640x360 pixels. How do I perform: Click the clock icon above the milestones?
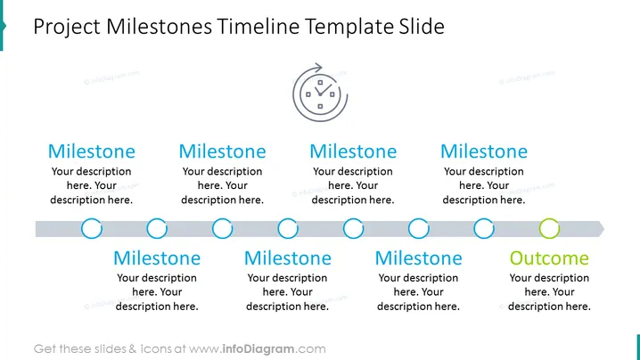point(320,93)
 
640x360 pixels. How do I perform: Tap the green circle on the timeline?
point(549,219)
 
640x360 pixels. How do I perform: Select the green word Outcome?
point(549,258)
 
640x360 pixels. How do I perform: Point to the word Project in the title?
point(67,28)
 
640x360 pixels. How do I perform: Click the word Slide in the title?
point(419,27)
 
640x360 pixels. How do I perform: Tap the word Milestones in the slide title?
point(159,27)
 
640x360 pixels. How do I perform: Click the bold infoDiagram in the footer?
point(258,349)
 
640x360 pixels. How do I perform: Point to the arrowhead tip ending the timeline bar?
point(604,229)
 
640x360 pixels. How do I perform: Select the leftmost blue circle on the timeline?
point(92,219)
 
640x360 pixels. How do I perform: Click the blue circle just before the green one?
point(484,219)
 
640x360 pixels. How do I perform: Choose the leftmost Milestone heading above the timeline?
point(92,151)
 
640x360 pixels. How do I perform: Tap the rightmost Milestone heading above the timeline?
point(484,151)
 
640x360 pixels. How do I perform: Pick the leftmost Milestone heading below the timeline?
point(157,258)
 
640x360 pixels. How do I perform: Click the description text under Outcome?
point(549,292)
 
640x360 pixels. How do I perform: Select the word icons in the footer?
point(155,349)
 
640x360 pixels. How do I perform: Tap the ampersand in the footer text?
point(133,349)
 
